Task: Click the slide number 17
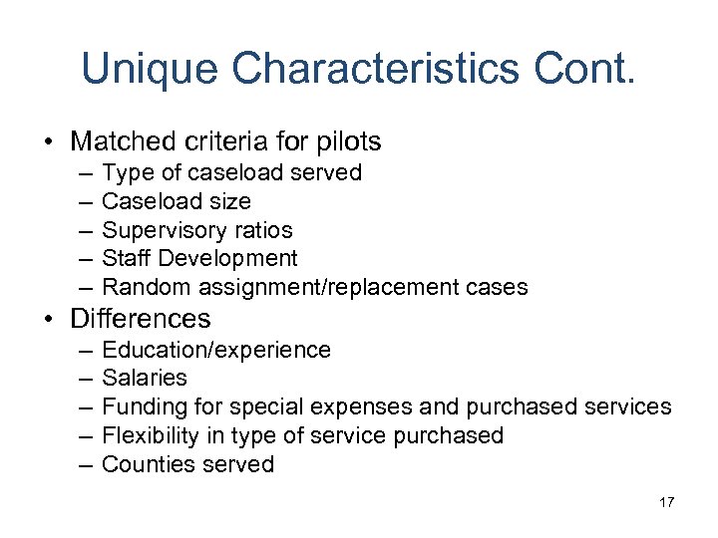[666, 502]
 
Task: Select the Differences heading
[141, 319]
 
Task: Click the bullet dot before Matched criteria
[49, 142]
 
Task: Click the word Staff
[127, 259]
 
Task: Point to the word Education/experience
[216, 350]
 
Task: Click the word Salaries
[145, 379]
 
